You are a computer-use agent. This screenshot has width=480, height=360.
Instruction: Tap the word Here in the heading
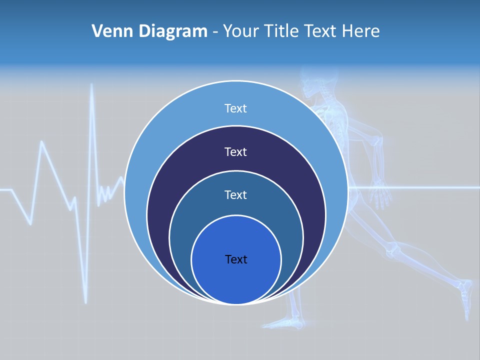pyautogui.click(x=361, y=31)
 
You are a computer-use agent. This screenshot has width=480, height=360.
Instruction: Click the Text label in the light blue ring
pyautogui.click(x=235, y=108)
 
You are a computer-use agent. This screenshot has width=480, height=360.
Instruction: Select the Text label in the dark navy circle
pyautogui.click(x=235, y=151)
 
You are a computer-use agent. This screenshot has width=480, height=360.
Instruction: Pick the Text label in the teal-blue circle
pyautogui.click(x=235, y=194)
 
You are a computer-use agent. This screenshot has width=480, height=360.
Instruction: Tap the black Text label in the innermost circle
pyautogui.click(x=236, y=259)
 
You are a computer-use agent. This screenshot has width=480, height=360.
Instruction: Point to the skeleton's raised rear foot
pyautogui.click(x=466, y=295)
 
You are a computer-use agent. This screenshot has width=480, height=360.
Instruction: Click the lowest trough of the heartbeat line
pyautogui.click(x=85, y=301)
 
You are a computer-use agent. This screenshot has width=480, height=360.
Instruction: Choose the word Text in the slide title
pyautogui.click(x=321, y=31)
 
